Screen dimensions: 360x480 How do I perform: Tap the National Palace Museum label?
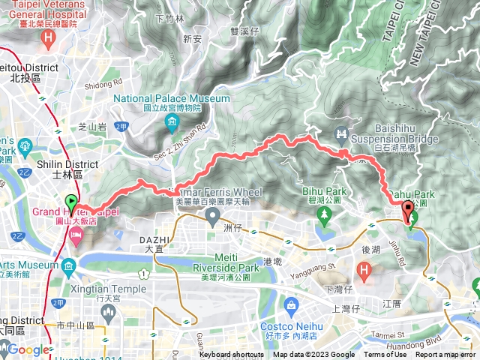172,99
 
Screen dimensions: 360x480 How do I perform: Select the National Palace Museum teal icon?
172,121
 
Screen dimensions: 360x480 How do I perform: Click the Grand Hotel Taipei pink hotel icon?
76,237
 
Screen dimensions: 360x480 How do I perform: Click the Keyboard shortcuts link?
232,355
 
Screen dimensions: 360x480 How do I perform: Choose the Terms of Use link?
385,355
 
